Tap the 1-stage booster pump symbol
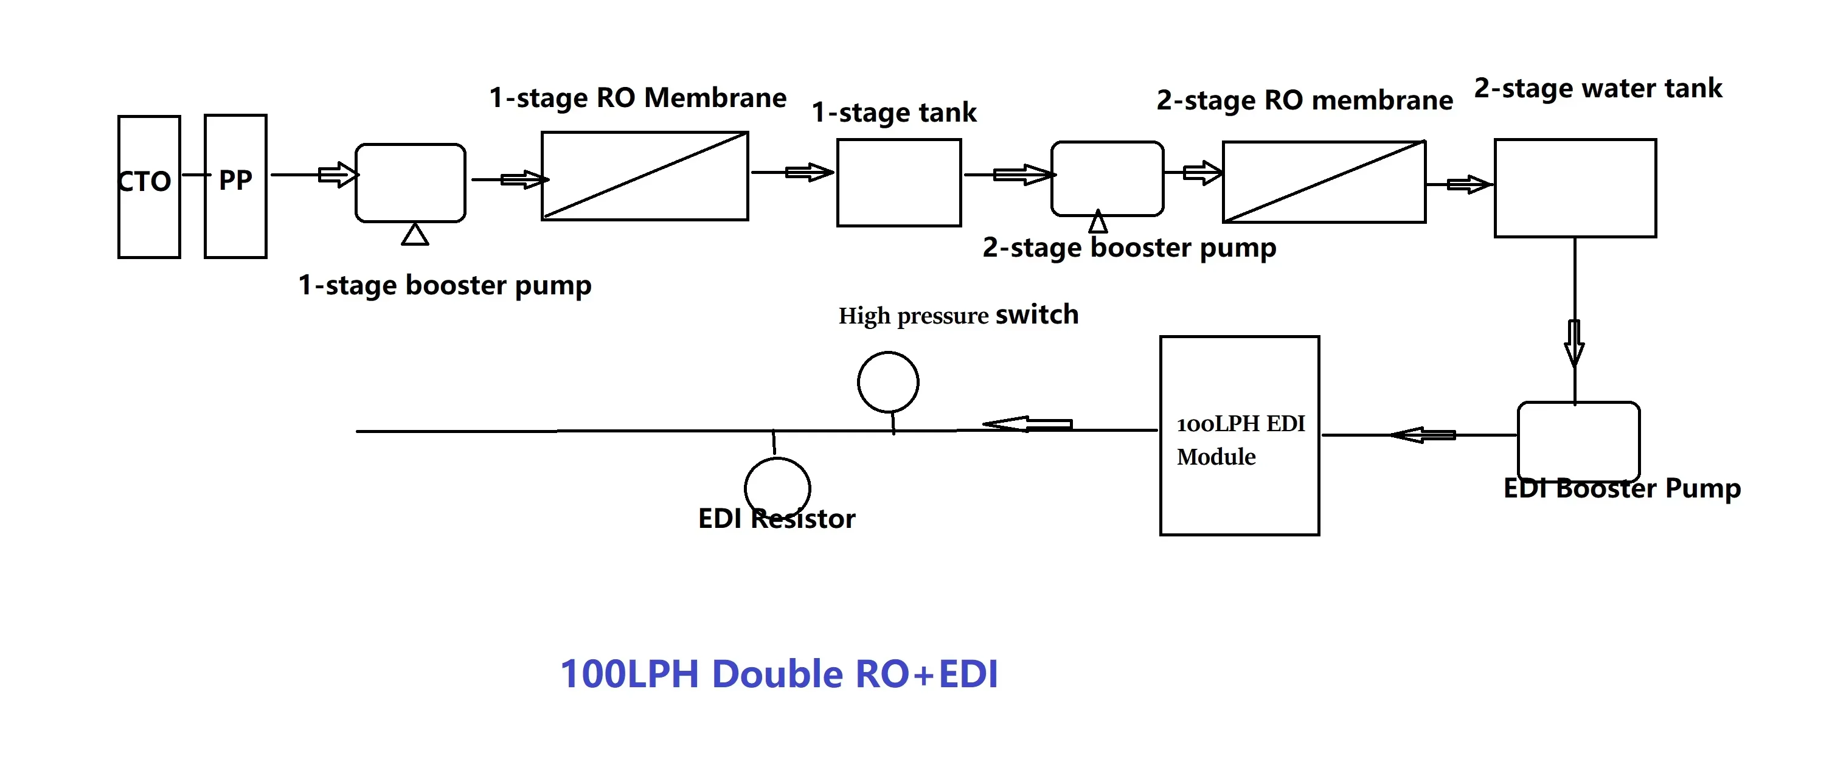411,183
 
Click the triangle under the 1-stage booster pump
415,235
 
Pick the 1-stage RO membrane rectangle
644,176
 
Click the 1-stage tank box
899,183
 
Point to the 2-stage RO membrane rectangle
1324,182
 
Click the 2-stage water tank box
1575,188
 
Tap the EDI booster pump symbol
1579,441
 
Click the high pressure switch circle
887,382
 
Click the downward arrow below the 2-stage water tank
1575,343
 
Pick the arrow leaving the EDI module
1029,425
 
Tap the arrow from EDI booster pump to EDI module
1423,435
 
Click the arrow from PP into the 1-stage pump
337,175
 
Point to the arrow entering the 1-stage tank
808,172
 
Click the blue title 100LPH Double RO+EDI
779,674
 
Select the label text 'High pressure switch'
958,314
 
